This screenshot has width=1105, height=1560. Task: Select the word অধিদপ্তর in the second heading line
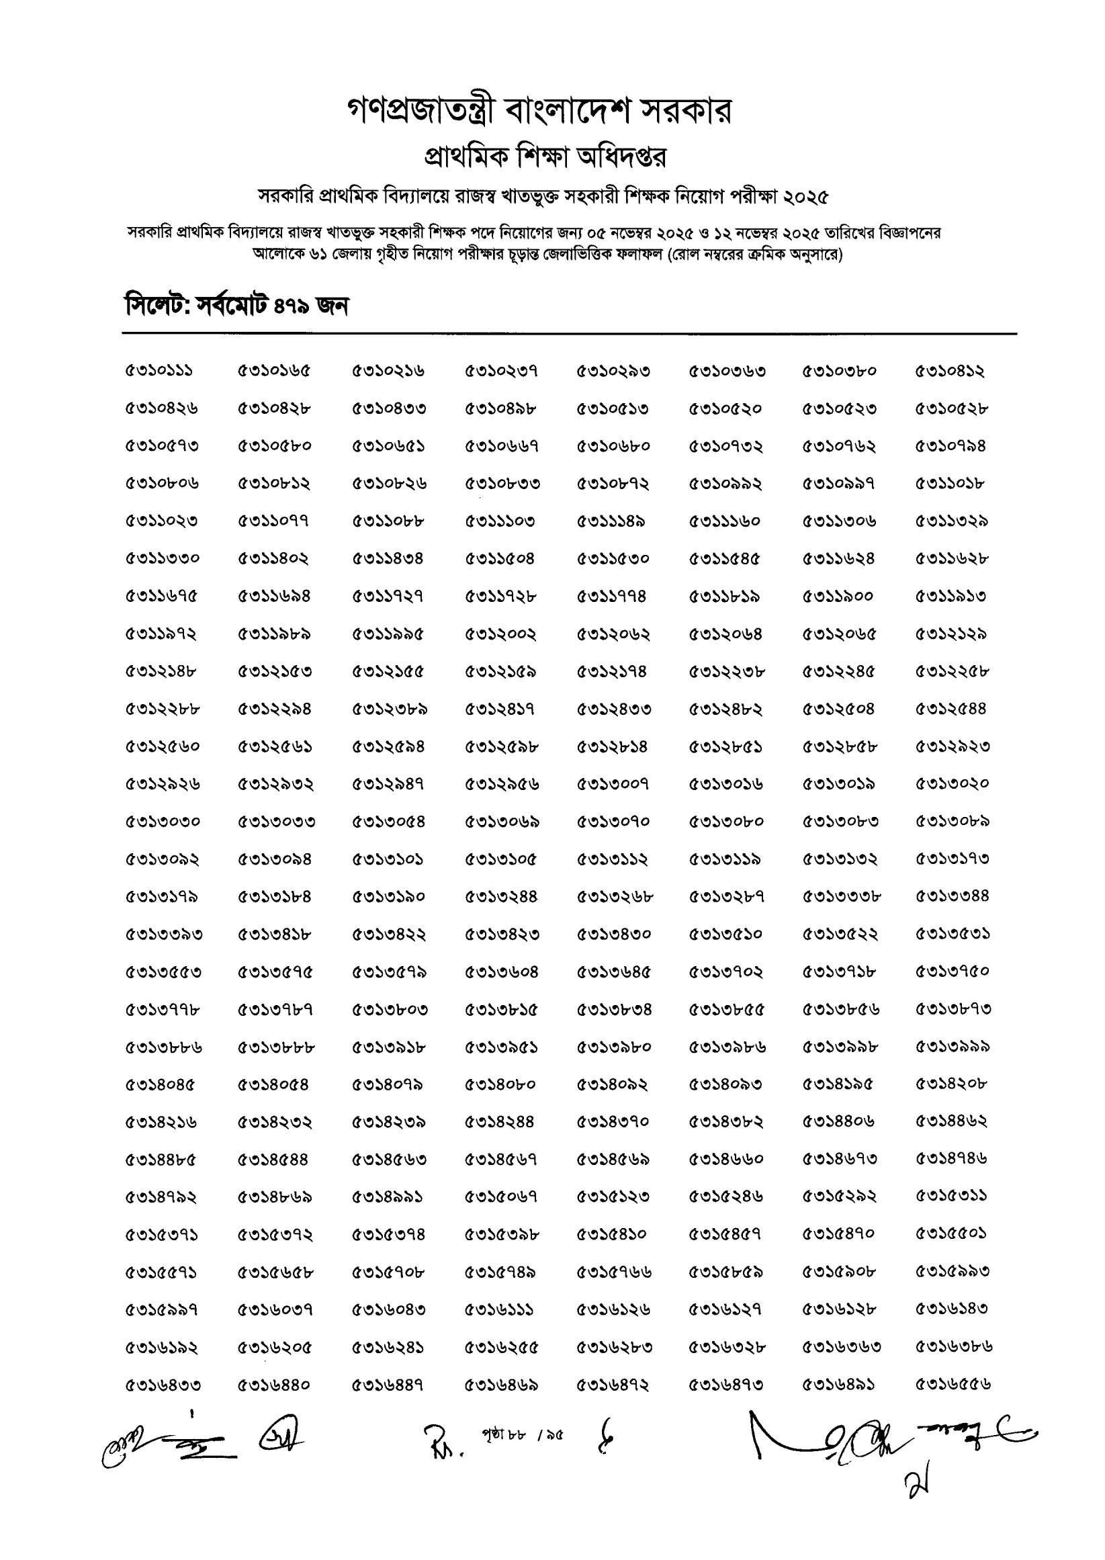pyautogui.click(x=621, y=157)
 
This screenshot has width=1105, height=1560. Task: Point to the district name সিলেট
pyautogui.click(x=156, y=306)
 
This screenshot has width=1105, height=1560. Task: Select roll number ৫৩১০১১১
pyautogui.click(x=159, y=372)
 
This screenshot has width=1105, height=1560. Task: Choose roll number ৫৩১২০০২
pyautogui.click(x=500, y=634)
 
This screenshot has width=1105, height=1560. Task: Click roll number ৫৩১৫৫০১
pyautogui.click(x=951, y=1233)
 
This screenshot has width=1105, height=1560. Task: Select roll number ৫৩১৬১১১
pyautogui.click(x=498, y=1309)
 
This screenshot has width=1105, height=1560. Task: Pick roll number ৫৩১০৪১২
pyautogui.click(x=950, y=372)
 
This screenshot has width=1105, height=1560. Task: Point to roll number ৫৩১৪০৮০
pyautogui.click(x=500, y=1084)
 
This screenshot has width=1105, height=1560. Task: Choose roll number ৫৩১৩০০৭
pyautogui.click(x=613, y=784)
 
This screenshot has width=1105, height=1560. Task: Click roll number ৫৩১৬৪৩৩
pyautogui.click(x=163, y=1385)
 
